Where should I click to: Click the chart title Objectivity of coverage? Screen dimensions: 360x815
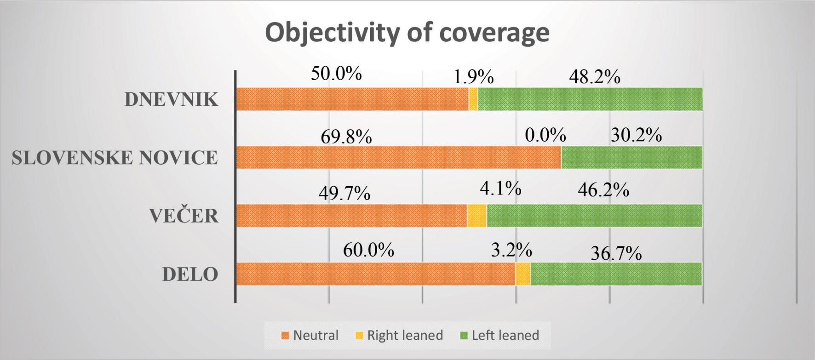coord(407,33)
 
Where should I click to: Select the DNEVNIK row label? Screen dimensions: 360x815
coord(171,99)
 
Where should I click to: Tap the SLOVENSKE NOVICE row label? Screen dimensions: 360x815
coord(115,158)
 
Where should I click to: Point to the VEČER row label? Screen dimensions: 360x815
coord(184,216)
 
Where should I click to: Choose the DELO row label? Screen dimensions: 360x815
coord(190,274)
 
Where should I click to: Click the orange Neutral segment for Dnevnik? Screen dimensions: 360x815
coord(352,99)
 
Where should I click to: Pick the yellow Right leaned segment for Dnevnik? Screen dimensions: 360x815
coord(473,99)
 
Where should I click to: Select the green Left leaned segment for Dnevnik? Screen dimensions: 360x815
coord(590,99)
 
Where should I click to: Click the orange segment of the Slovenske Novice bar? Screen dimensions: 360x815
coord(398,157)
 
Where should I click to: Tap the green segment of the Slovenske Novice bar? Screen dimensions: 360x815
coord(631,157)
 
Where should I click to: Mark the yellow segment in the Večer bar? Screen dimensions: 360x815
coord(477,216)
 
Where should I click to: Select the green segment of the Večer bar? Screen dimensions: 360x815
coord(594,216)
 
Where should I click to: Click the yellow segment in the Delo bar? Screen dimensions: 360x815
coord(523,274)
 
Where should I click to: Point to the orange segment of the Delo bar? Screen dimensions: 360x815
coord(375,274)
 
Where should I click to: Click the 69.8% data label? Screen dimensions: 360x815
coord(346,137)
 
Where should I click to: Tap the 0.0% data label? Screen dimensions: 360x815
coord(545,135)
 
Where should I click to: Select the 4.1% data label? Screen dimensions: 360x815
coord(500,189)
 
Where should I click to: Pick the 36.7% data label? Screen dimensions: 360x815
coord(616,253)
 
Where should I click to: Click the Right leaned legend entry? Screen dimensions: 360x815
coord(400,336)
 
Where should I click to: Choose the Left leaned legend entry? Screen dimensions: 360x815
coord(500,336)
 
